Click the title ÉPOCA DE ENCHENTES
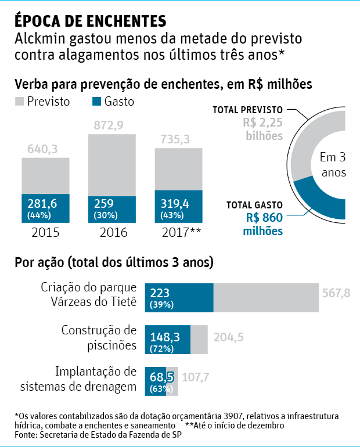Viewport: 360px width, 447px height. [90, 21]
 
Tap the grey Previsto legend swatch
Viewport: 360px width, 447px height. [19, 102]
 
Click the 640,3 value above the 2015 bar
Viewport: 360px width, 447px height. [42, 149]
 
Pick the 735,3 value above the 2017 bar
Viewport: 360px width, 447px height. [175, 139]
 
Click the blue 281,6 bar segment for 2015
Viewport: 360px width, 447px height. [45, 208]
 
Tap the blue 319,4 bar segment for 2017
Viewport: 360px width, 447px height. [178, 208]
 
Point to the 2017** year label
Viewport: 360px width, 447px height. [181, 232]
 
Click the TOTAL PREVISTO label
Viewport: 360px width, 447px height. [247, 109]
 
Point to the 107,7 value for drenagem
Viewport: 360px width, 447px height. [196, 377]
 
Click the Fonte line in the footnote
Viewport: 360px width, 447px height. [96, 435]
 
